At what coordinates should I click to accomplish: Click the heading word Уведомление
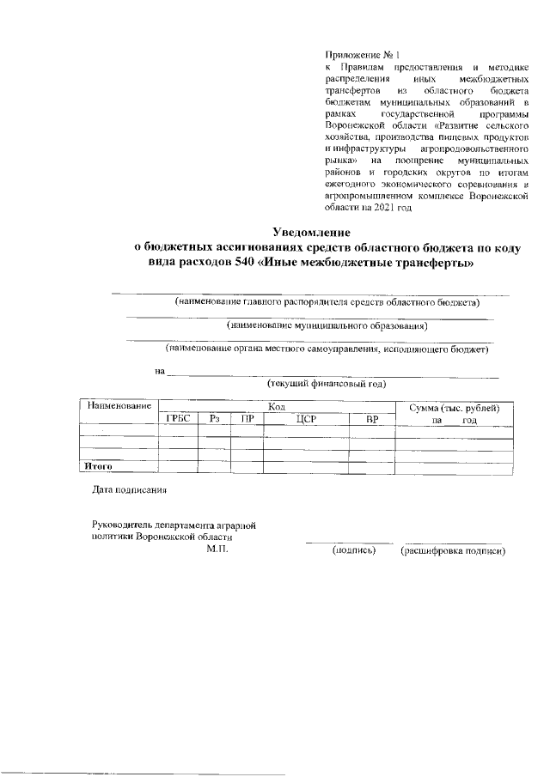click(312, 231)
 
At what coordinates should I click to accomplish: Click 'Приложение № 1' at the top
click(357, 54)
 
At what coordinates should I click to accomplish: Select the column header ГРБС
click(177, 419)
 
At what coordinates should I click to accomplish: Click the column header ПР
click(247, 419)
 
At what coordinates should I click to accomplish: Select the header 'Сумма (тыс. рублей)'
click(454, 407)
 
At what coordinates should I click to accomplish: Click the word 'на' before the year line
click(159, 371)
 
